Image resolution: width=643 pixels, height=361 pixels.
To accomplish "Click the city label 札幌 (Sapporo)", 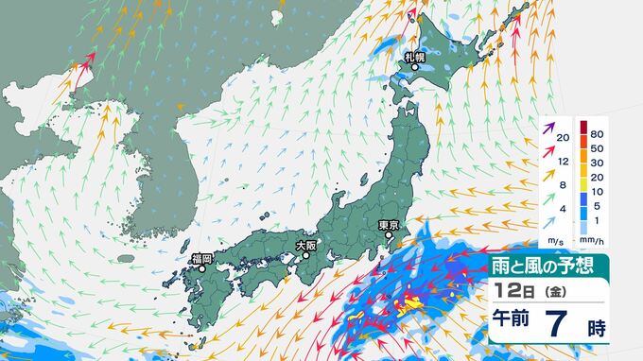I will tap(414, 57).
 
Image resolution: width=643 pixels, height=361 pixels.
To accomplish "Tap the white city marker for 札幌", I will tap(414, 66).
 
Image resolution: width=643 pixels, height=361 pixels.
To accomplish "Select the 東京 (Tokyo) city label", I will tap(389, 225).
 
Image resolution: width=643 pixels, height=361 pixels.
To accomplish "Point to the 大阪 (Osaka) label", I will tap(305, 244).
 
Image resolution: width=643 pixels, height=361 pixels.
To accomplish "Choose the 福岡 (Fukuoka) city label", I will tap(200, 258).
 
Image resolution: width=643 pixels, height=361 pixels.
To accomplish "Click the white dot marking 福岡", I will tap(201, 268).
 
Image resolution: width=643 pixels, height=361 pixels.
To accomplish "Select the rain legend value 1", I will tap(597, 219).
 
